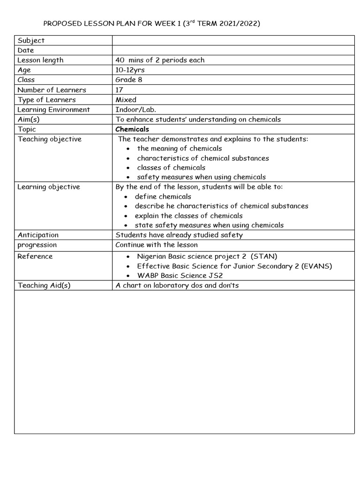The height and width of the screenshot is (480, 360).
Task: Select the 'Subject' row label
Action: click(x=31, y=41)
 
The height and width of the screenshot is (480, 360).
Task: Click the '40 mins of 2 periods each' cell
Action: click(x=160, y=60)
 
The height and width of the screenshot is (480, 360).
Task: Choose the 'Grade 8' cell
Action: click(x=128, y=80)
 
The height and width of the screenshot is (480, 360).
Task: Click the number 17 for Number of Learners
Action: click(x=120, y=90)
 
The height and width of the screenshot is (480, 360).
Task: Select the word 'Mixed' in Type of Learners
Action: click(x=126, y=99)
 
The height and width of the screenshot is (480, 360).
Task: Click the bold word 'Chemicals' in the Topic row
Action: click(x=132, y=129)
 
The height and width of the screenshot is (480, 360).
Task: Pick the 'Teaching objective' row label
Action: click(x=49, y=139)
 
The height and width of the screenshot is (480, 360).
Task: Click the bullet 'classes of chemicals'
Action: click(x=171, y=167)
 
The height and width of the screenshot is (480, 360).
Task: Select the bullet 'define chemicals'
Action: click(x=163, y=196)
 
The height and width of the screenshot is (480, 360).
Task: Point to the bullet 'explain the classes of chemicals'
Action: click(x=188, y=216)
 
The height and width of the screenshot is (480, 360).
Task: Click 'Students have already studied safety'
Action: click(x=179, y=235)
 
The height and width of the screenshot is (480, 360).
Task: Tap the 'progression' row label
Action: click(x=37, y=245)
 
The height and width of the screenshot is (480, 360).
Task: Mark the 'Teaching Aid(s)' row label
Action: click(x=44, y=285)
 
